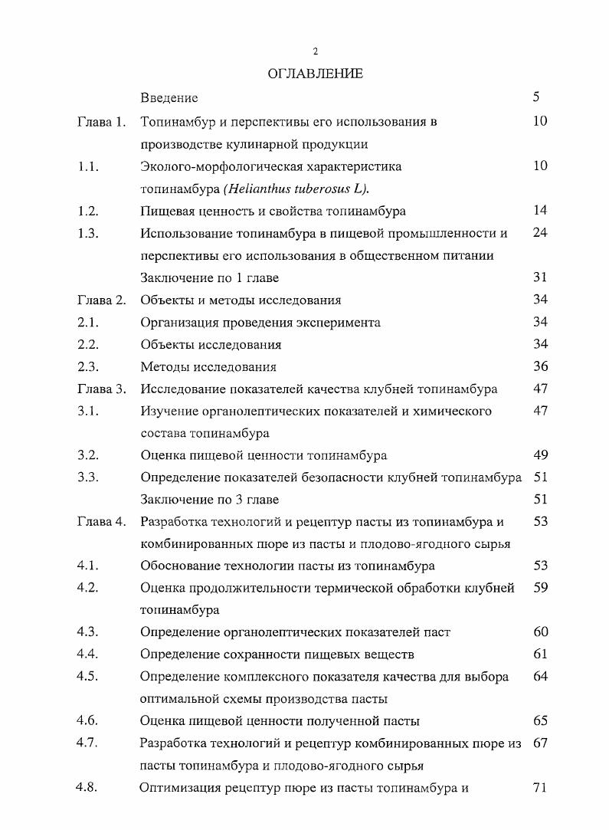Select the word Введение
pyautogui.click(x=169, y=97)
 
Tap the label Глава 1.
pyautogui.click(x=101, y=121)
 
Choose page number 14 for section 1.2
pyautogui.click(x=539, y=210)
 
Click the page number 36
pyautogui.click(x=540, y=367)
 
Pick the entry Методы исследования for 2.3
pyautogui.click(x=208, y=367)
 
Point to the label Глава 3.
pyautogui.click(x=101, y=389)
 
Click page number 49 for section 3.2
pyautogui.click(x=540, y=455)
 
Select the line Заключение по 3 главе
pyautogui.click(x=210, y=500)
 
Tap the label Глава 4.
pyautogui.click(x=101, y=522)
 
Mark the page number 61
pyautogui.click(x=540, y=654)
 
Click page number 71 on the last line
pyautogui.click(x=539, y=787)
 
